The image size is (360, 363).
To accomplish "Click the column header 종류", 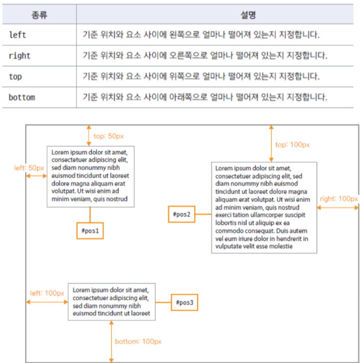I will click(39, 14).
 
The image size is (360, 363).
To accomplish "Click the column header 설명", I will click(214, 14).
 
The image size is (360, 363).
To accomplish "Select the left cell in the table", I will click(17, 35).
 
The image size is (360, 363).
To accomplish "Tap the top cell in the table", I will click(15, 77).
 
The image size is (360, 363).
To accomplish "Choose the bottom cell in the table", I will click(21, 97).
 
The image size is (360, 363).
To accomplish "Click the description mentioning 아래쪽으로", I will click(204, 97).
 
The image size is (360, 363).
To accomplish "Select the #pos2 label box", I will click(182, 214).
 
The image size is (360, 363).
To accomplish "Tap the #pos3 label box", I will click(184, 302).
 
